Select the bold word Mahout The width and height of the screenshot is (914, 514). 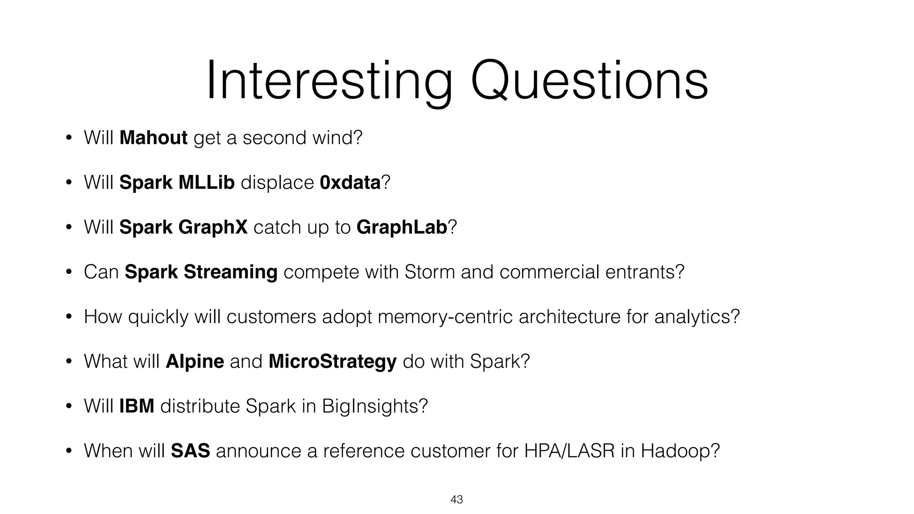(x=154, y=137)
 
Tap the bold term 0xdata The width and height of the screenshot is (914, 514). (x=350, y=182)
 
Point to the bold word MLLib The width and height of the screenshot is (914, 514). (x=206, y=182)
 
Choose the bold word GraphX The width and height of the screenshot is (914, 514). (x=212, y=227)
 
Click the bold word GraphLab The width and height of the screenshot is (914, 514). (x=402, y=227)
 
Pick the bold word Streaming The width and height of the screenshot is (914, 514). (x=230, y=272)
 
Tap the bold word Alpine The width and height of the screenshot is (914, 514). (x=195, y=361)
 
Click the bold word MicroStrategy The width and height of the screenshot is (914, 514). (x=332, y=361)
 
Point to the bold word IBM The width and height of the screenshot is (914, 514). (x=137, y=406)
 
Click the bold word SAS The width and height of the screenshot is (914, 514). (x=190, y=451)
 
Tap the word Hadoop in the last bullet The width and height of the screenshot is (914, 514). (x=680, y=451)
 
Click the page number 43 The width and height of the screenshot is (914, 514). (x=457, y=500)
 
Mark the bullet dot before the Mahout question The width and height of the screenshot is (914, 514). (x=68, y=138)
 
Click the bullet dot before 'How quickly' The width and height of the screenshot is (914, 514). (x=68, y=317)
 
